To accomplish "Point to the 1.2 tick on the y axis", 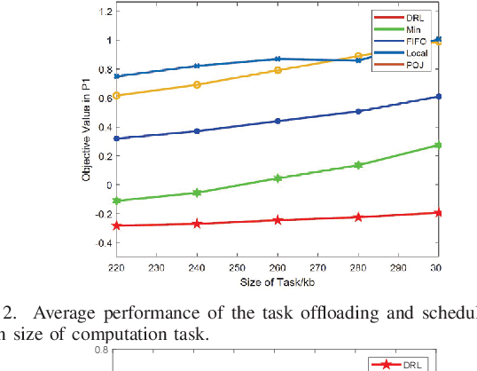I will (x=105, y=12).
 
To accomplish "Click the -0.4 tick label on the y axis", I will (x=103, y=242).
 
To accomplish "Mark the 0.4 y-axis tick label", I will (x=105, y=127).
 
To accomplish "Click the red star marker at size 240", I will (x=197, y=224).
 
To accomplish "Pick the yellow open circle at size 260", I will (x=278, y=70).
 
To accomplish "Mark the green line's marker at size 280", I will (x=358, y=165).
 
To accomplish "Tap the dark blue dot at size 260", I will (x=278, y=121).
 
